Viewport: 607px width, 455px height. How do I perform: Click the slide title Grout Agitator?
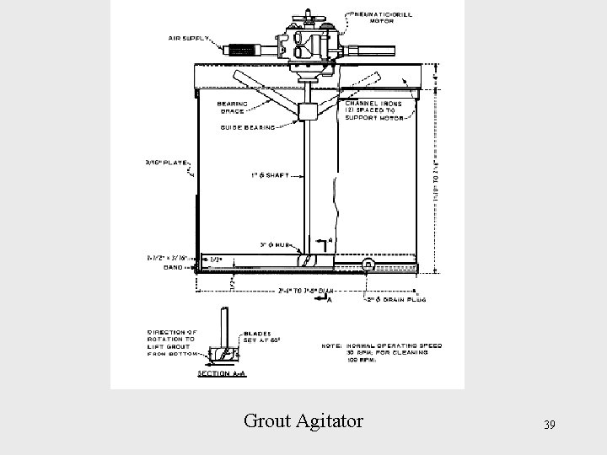pos(303,419)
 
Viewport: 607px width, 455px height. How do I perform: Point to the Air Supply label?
pos(191,38)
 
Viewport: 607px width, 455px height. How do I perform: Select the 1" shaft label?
pos(270,176)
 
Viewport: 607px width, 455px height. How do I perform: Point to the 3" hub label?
pos(275,244)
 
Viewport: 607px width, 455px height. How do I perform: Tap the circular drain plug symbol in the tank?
pos(368,265)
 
